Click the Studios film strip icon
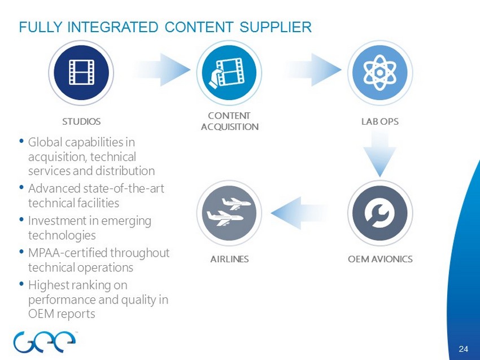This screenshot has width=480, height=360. click(x=81, y=72)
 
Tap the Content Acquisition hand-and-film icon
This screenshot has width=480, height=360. click(x=229, y=72)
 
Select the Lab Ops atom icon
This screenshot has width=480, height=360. click(x=379, y=72)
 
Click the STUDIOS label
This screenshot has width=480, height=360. click(x=81, y=121)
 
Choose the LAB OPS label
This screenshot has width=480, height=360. click(x=379, y=121)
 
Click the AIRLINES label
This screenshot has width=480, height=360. click(x=229, y=259)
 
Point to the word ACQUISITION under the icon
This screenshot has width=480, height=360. click(x=230, y=126)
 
